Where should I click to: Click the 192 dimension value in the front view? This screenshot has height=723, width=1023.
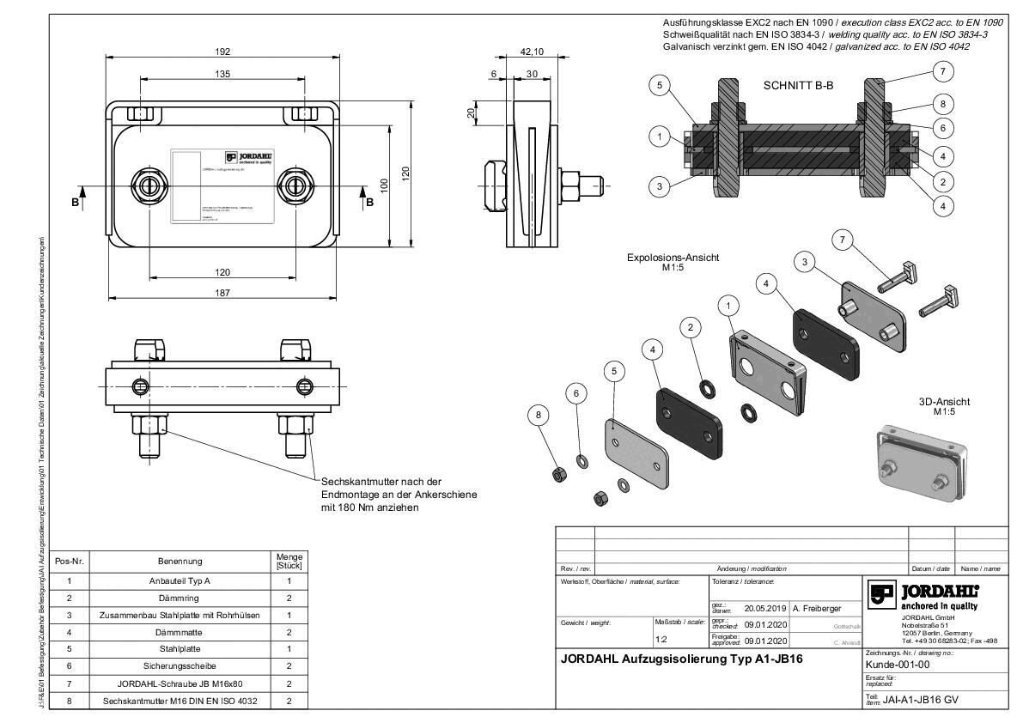point(222,52)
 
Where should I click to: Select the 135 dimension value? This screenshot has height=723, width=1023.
point(222,75)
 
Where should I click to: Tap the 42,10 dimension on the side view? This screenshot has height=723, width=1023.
point(533,52)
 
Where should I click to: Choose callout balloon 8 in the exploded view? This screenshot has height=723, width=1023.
point(539,415)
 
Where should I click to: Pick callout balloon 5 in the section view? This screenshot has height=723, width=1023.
point(659,85)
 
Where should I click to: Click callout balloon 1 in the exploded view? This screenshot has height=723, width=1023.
point(729,305)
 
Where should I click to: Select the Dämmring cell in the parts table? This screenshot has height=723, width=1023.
point(179,598)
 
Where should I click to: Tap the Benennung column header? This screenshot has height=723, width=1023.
point(179,562)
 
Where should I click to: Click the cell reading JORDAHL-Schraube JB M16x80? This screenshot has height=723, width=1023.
point(179,684)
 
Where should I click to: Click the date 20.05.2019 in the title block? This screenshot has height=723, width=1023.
point(765,608)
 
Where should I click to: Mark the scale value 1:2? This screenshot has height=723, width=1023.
point(661,640)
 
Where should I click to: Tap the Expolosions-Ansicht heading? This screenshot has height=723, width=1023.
point(673,257)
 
